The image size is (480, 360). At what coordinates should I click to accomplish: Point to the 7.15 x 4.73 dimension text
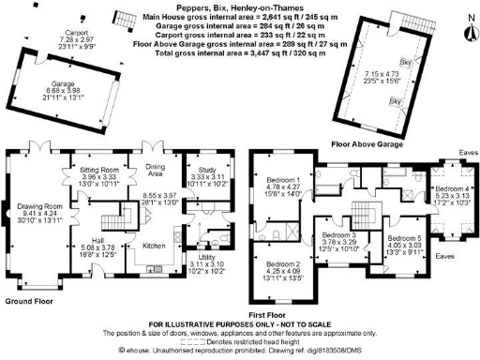[379, 71]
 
